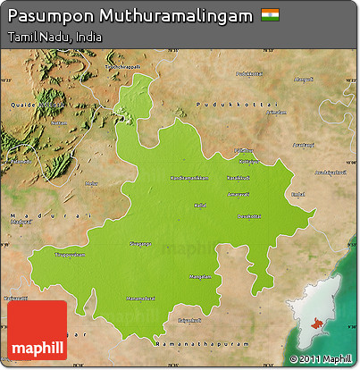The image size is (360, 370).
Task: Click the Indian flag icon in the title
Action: pyautogui.click(x=269, y=15)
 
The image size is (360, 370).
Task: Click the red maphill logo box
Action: pyautogui.click(x=37, y=330)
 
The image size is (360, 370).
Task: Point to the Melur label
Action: pyautogui.click(x=91, y=183)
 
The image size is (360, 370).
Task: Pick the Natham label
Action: pyautogui.click(x=59, y=122)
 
